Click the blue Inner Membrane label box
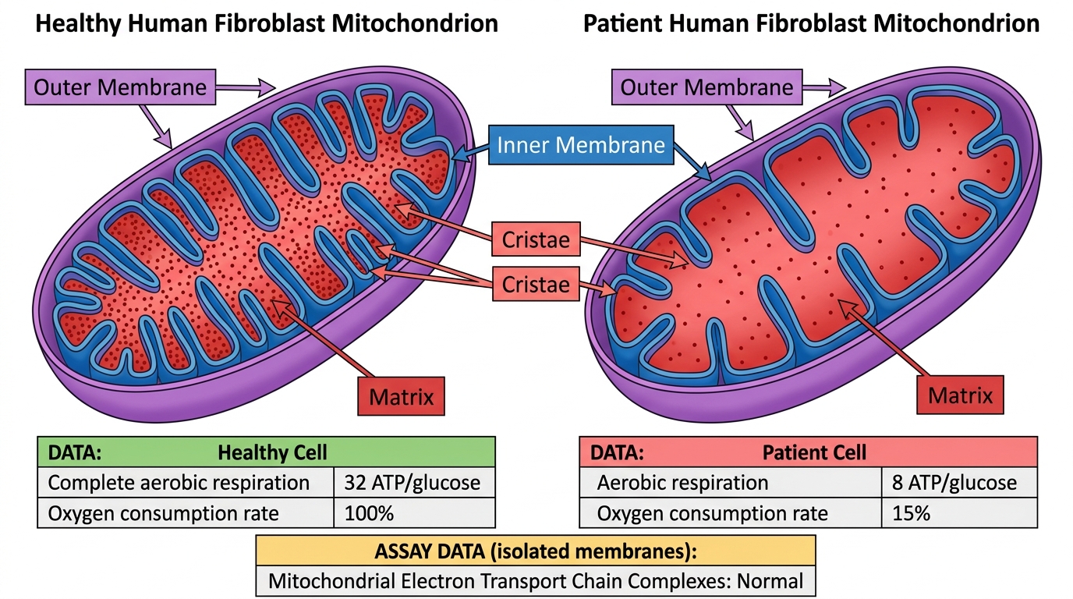581,145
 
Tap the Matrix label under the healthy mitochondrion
402,396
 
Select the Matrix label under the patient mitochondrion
960,395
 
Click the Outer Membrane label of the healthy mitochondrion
120,87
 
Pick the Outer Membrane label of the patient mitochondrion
707,87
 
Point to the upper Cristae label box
536,239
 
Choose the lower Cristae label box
536,284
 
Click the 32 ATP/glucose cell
414,483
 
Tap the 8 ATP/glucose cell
959,483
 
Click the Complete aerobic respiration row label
179,483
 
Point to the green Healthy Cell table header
267,452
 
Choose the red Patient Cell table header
809,452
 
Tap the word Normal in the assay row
770,581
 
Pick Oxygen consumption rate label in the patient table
712,513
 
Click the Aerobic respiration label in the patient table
682,483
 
